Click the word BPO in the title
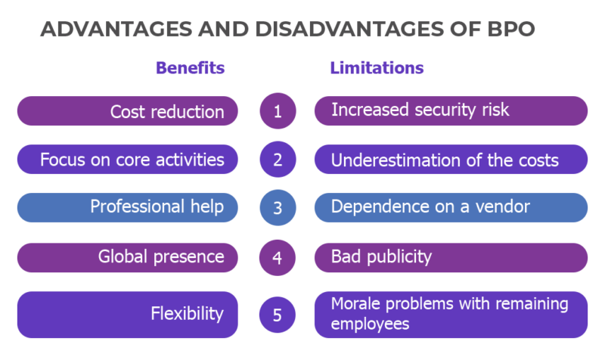(511, 29)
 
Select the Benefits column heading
(191, 68)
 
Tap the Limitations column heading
(377, 68)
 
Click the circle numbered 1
(278, 110)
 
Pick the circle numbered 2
(278, 160)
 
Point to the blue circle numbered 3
(278, 207)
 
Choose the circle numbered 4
(278, 257)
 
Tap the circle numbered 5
(278, 315)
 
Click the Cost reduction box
(128, 110)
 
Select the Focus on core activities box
(128, 160)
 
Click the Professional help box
(128, 207)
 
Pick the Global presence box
(128, 258)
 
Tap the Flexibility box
(128, 315)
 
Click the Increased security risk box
(451, 110)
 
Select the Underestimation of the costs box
(451, 160)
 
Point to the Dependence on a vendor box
(451, 207)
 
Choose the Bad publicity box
(451, 258)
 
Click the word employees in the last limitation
(370, 324)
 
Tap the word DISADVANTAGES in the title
(349, 29)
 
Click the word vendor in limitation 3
(502, 206)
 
